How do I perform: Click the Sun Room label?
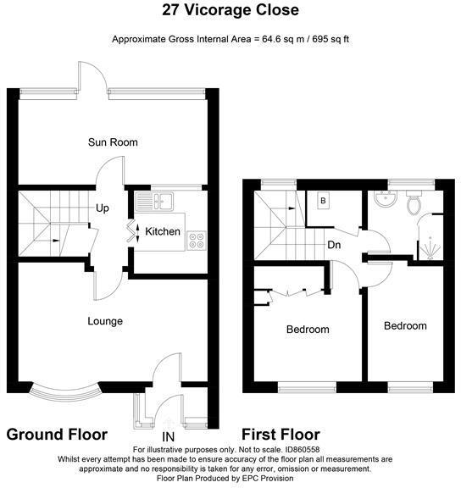[113, 142]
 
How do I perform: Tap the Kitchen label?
[163, 231]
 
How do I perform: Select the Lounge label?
[105, 321]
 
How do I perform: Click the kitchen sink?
[154, 201]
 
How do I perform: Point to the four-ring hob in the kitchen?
[197, 241]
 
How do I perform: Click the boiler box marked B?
[323, 201]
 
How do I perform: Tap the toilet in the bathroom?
[414, 202]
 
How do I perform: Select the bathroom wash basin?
[386, 198]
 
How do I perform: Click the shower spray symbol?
[430, 248]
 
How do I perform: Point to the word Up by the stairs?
[102, 208]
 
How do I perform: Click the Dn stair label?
[334, 245]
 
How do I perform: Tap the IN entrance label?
[168, 437]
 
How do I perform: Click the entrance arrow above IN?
[169, 424]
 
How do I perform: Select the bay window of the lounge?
[64, 393]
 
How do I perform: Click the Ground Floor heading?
[57, 435]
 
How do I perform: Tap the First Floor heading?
[280, 435]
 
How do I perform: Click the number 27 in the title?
[171, 9]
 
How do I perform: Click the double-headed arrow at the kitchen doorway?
[137, 231]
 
